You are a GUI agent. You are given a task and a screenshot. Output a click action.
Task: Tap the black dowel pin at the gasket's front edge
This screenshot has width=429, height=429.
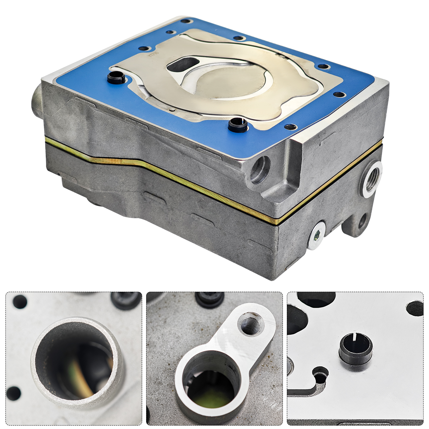pyautogui.click(x=238, y=125)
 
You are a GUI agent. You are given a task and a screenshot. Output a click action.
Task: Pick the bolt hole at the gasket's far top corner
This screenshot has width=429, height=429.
pyautogui.click(x=185, y=21)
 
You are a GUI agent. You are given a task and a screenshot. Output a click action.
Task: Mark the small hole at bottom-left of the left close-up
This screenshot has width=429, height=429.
pyautogui.click(x=13, y=394)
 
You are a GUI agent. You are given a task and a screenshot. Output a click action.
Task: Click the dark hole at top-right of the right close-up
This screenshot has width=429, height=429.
pyautogui.click(x=415, y=308)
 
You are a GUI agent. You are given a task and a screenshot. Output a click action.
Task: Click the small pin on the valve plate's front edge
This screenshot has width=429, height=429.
pyautogui.click(x=171, y=110)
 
